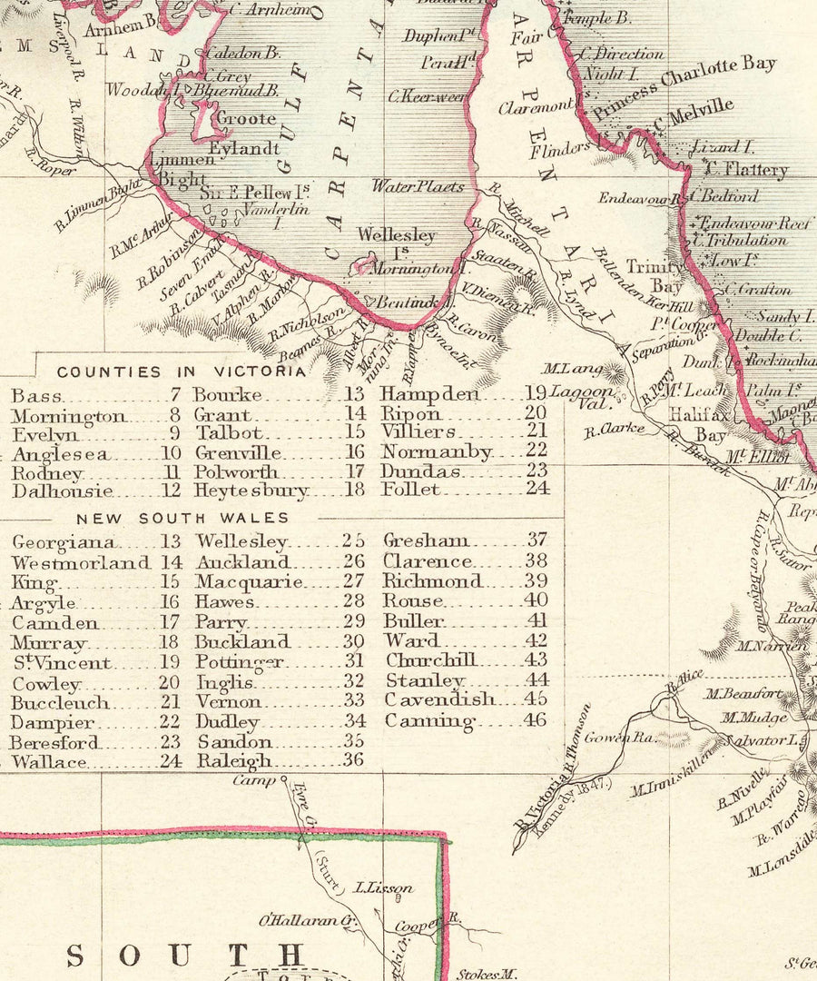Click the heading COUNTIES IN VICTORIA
click(x=182, y=372)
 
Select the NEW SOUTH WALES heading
click(x=182, y=518)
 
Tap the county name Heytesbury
click(x=251, y=490)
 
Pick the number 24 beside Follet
click(x=536, y=489)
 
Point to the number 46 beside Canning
click(x=536, y=720)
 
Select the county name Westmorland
click(x=81, y=562)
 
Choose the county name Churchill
click(x=430, y=660)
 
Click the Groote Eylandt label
click(x=242, y=133)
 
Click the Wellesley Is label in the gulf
click(x=395, y=242)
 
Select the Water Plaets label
click(x=418, y=186)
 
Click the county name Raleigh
click(x=233, y=761)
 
